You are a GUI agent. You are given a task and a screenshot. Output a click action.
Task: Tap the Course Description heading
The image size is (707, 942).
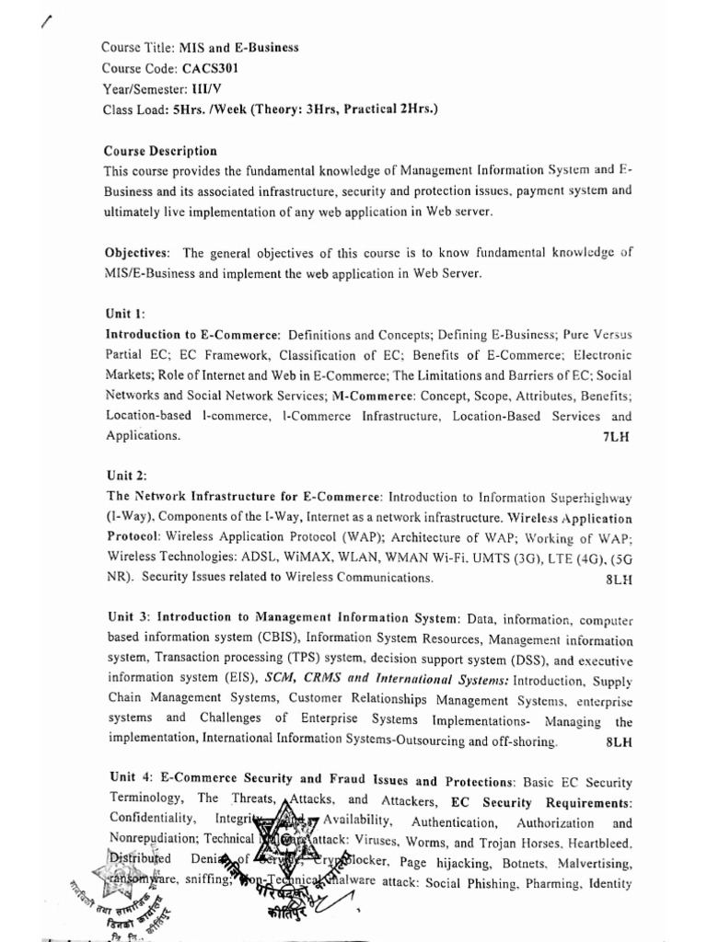(160, 151)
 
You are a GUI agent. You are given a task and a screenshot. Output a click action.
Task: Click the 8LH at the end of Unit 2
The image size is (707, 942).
(619, 580)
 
